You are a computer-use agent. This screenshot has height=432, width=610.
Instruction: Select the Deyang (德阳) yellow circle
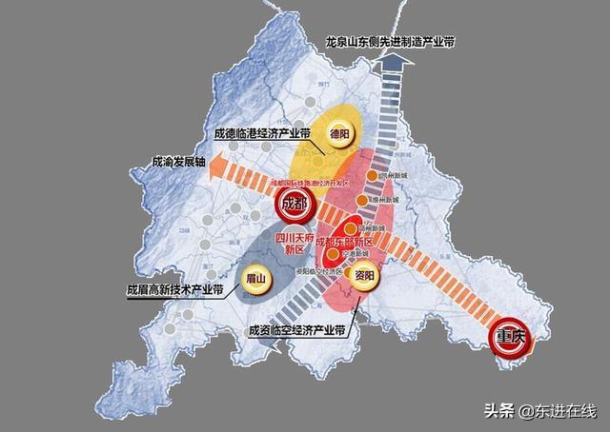(x=338, y=135)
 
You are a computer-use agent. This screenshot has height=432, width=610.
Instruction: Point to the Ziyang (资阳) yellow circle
(x=361, y=276)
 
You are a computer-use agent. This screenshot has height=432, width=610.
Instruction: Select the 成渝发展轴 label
(x=179, y=163)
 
